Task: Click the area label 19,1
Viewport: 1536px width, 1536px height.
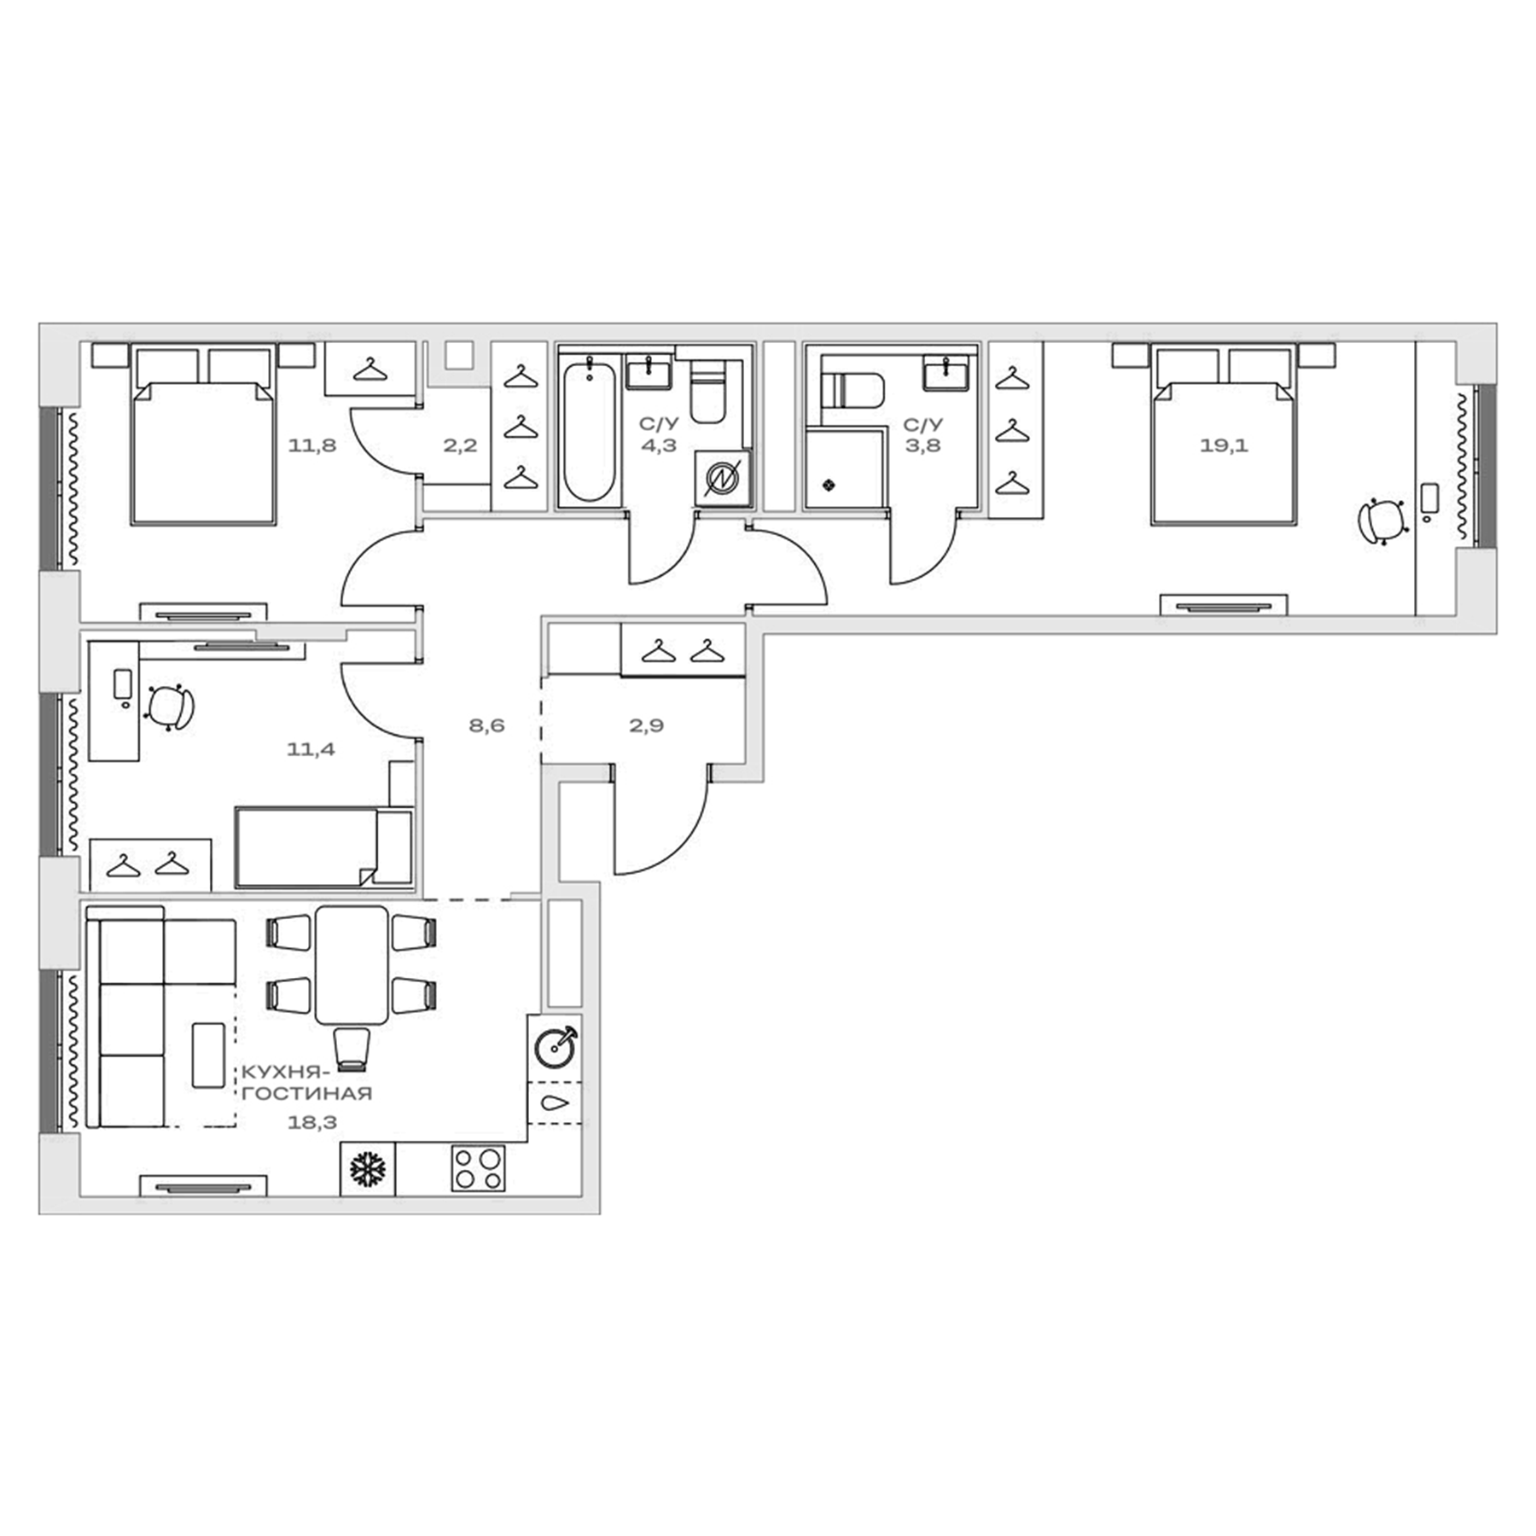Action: coord(1223,445)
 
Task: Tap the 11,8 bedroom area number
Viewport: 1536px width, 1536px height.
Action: coord(311,445)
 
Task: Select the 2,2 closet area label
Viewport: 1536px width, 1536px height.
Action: coord(460,445)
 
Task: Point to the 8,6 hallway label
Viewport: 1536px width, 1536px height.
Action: coord(486,726)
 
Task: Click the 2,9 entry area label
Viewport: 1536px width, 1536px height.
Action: coord(646,726)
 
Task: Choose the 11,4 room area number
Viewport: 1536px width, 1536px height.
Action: coord(311,750)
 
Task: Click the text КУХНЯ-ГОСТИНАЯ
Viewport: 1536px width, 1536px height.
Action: coord(307,1083)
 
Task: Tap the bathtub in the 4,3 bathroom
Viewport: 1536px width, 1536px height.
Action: coord(589,432)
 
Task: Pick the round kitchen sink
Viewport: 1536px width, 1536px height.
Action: coord(555,1047)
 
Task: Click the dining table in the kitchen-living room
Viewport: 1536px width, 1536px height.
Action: coord(352,965)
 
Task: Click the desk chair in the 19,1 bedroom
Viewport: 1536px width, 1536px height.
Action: coord(1382,521)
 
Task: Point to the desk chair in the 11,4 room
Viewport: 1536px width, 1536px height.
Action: coord(170,706)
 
